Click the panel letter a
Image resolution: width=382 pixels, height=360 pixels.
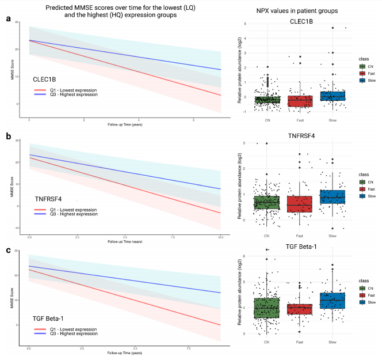click(8, 18)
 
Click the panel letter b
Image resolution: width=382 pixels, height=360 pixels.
click(8, 136)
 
